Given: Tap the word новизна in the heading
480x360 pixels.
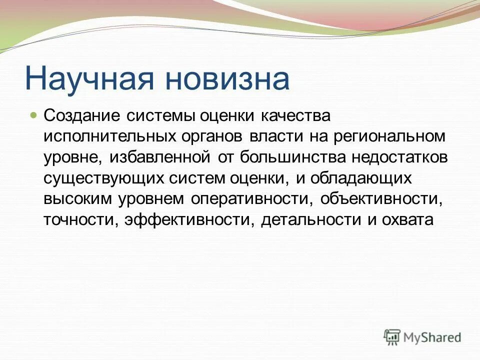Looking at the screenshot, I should pos(228,78).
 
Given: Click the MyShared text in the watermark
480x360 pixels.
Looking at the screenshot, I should pos(433,338).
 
